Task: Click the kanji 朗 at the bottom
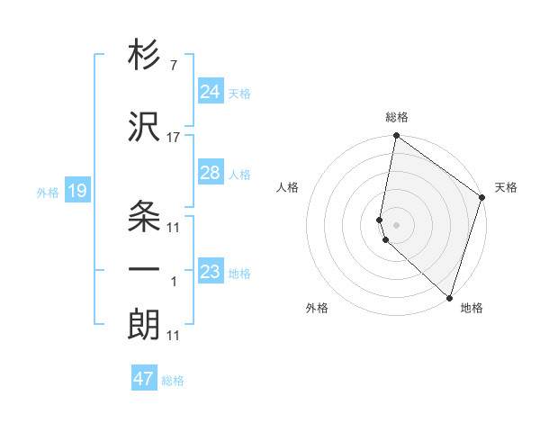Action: point(145,323)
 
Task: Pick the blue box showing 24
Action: point(210,91)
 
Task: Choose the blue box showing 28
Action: point(210,173)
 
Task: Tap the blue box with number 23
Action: point(210,271)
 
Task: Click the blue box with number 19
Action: point(76,190)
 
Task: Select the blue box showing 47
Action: point(143,378)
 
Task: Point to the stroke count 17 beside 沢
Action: point(173,138)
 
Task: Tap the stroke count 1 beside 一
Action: point(173,283)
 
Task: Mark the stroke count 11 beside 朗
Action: point(173,336)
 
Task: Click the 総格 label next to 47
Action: point(173,381)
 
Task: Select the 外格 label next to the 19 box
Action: point(48,192)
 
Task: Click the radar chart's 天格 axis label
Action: point(506,187)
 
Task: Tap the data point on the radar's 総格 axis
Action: point(396,137)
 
